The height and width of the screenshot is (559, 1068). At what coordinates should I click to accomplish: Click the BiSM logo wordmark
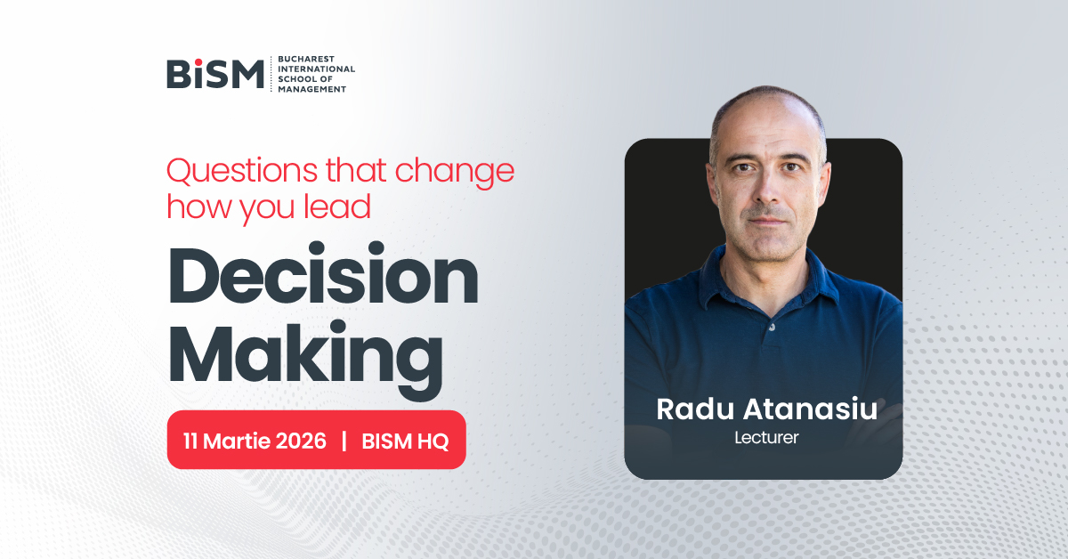coord(215,74)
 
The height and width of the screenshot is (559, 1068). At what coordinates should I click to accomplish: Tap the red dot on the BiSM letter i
coord(198,62)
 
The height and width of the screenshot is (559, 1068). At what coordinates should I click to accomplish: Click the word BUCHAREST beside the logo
coord(306,59)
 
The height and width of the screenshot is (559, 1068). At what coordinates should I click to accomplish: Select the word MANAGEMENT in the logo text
coord(311,89)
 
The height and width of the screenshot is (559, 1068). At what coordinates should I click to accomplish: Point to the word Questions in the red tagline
coord(242,171)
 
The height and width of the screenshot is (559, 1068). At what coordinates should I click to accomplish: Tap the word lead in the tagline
coord(337,207)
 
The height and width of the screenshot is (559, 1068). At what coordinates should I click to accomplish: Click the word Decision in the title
coord(323,274)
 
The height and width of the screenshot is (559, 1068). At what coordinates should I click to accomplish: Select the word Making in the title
coord(305,358)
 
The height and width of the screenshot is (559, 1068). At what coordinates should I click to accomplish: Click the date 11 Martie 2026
coord(255,441)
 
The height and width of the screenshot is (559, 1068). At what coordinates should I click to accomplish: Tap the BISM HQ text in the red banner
coord(405,442)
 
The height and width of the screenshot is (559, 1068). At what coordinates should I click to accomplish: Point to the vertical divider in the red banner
coord(344,441)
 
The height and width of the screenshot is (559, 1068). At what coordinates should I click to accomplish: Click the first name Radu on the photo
coord(695,409)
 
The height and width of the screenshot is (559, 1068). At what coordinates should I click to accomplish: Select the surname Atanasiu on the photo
coord(811,409)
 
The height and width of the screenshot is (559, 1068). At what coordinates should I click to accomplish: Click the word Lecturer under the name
coord(766,438)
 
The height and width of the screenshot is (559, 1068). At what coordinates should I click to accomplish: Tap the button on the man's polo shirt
coord(772,328)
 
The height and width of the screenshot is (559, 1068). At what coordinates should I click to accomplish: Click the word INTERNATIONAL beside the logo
coord(317,69)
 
